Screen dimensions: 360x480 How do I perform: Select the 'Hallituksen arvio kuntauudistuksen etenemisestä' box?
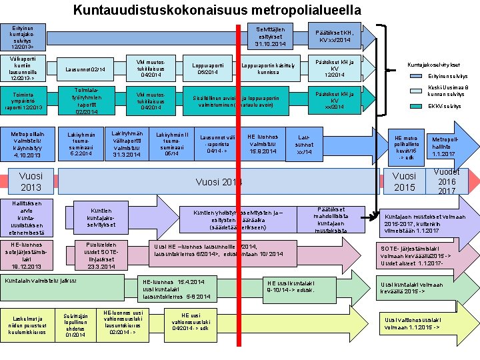[26, 217]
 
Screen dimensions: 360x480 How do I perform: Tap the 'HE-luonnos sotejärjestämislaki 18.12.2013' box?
[26, 256]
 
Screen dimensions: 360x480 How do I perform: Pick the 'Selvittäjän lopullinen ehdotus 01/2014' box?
[74, 325]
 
